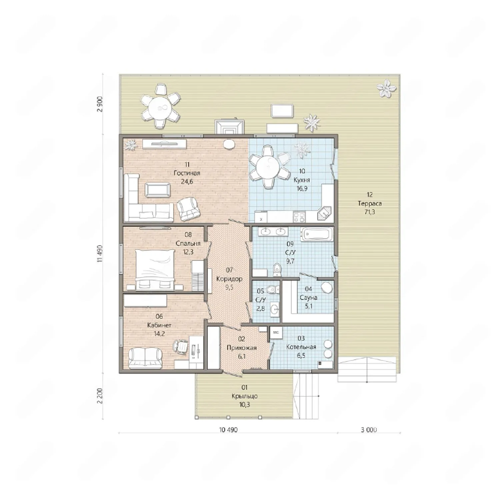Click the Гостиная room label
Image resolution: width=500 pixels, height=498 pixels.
[x=187, y=173]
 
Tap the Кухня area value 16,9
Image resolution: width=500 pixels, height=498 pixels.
[x=302, y=189]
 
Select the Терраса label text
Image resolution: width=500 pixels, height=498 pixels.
[x=370, y=203]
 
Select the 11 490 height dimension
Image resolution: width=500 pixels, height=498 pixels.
[x=100, y=254]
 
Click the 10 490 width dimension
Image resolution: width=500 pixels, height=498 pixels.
[x=228, y=430]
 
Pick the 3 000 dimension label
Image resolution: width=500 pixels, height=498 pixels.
[x=369, y=430]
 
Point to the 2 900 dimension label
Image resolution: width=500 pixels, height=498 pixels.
[x=100, y=104]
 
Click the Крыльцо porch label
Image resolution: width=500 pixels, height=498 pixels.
[x=245, y=396]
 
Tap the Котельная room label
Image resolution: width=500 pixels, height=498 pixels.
[x=301, y=347]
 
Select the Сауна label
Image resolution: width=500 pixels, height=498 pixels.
[x=308, y=297]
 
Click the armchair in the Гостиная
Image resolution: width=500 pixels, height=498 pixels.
[x=188, y=209]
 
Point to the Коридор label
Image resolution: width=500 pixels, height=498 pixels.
[x=229, y=279]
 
